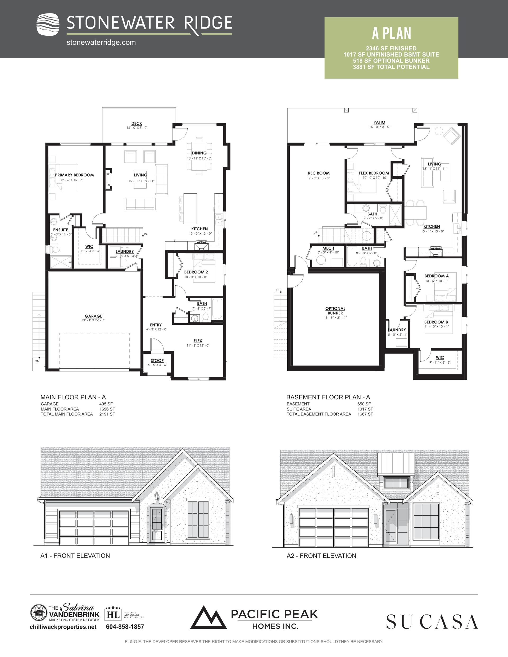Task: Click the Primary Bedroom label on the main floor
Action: [x=74, y=175]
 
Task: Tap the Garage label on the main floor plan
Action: [x=93, y=316]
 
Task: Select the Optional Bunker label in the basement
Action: [x=335, y=311]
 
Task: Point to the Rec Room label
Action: [x=319, y=173]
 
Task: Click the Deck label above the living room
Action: [x=137, y=123]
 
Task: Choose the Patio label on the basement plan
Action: [x=379, y=122]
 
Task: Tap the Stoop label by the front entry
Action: [x=157, y=361]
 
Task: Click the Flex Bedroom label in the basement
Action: [x=374, y=173]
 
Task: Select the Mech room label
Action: [x=328, y=248]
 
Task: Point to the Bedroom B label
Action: [x=436, y=322]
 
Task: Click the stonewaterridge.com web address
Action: [x=101, y=42]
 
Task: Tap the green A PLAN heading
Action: [x=392, y=33]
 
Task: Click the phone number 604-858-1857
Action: [x=125, y=627]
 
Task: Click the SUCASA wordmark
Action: [x=432, y=622]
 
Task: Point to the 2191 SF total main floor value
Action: [x=107, y=414]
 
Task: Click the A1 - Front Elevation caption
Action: [x=75, y=556]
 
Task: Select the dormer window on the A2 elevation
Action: [x=396, y=483]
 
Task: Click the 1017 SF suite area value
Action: [x=365, y=409]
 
